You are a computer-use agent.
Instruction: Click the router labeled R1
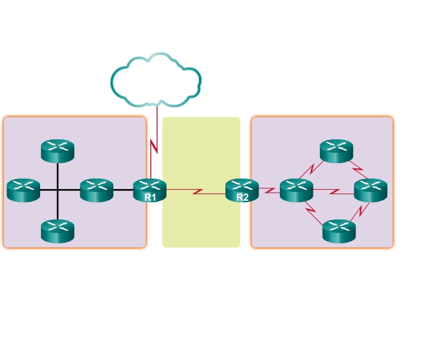pos(150,188)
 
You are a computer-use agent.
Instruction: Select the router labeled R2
pos(242,188)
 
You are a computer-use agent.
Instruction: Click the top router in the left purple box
pos(58,151)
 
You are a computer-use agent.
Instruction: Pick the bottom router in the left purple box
pos(58,231)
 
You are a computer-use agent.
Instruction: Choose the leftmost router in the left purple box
pos(23,190)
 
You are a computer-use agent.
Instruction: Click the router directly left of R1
pos(97,190)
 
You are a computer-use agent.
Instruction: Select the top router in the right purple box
pos(337,151)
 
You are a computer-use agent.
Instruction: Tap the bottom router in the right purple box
pos(339,231)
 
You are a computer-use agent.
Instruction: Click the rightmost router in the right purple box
pos(371,190)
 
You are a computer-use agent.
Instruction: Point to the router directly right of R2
pos(297,190)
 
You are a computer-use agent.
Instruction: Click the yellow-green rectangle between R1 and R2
pos(201,220)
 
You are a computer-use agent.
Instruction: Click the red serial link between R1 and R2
pos(196,191)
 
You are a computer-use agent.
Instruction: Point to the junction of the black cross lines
pos(58,190)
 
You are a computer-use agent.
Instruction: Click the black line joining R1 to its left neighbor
pos(123,190)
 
